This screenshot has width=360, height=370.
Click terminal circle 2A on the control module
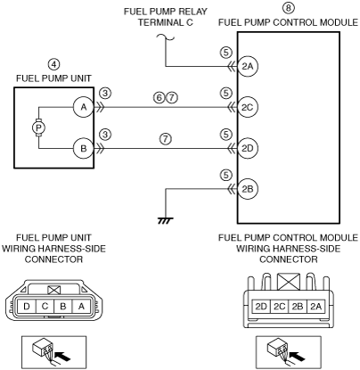(x=247, y=66)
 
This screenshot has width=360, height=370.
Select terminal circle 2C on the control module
(x=247, y=107)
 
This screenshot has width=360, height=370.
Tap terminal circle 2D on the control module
(x=247, y=148)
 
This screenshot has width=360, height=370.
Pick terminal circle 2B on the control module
(x=247, y=189)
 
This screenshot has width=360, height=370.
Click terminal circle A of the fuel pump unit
(x=84, y=107)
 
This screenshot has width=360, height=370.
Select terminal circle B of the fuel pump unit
(x=84, y=148)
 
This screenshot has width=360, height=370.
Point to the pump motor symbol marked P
(x=38, y=127)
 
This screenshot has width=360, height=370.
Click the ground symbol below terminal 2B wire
(x=166, y=220)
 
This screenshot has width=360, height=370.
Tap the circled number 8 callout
(x=288, y=8)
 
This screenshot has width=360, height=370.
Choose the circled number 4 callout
(x=53, y=64)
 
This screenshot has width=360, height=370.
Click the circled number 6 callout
(x=160, y=97)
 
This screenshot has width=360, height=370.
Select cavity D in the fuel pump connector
(x=27, y=306)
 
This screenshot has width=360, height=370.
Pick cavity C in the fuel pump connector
(x=45, y=306)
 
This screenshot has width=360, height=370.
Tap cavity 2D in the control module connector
(x=261, y=306)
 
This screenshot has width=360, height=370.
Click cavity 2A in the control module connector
(x=315, y=306)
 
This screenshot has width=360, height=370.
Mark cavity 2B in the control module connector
(x=298, y=306)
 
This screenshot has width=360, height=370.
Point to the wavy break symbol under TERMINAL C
(x=166, y=37)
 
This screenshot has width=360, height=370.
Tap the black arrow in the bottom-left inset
(x=63, y=356)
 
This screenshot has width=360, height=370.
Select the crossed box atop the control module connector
(x=288, y=282)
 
